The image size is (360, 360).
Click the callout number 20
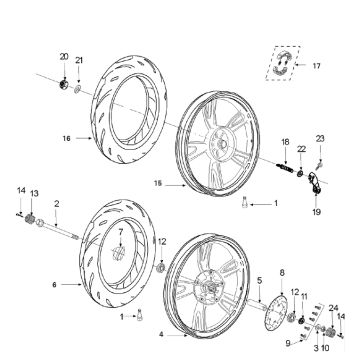click(64, 56)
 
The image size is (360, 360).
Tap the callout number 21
click(81, 61)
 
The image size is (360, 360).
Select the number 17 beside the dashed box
click(318, 66)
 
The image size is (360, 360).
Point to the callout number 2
click(57, 204)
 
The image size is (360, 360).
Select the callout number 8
click(282, 271)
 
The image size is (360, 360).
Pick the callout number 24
click(334, 308)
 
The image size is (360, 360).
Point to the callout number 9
click(287, 342)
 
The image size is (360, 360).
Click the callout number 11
click(306, 297)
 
